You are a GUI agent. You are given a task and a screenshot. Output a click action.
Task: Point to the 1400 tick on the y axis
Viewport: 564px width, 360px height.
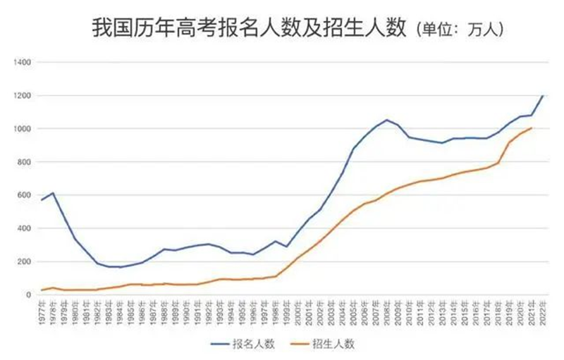(x=24, y=62)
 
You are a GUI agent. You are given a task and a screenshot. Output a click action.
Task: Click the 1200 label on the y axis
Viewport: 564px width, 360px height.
(x=24, y=95)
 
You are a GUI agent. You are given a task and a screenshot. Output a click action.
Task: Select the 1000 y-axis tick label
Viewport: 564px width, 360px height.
(x=24, y=128)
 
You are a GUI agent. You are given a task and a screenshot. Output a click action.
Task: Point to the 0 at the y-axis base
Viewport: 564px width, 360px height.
(x=30, y=294)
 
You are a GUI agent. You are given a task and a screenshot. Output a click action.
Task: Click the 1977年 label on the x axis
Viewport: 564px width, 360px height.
(x=42, y=311)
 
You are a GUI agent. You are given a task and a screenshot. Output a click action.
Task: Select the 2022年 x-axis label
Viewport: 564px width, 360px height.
(x=543, y=311)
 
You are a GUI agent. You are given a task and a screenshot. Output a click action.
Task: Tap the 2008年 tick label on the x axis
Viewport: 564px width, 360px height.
(x=387, y=311)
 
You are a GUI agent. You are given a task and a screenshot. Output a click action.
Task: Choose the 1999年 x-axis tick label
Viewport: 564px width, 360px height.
(x=287, y=311)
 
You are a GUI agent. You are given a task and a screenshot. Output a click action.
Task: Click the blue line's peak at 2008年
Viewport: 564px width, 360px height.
(x=387, y=120)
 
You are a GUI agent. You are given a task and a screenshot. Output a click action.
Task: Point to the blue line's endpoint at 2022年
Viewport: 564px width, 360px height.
(x=543, y=96)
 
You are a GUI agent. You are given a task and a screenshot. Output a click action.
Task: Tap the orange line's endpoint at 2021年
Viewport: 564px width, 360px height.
(x=531, y=128)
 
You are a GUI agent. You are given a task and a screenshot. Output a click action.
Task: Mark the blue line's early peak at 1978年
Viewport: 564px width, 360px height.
(x=53, y=193)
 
